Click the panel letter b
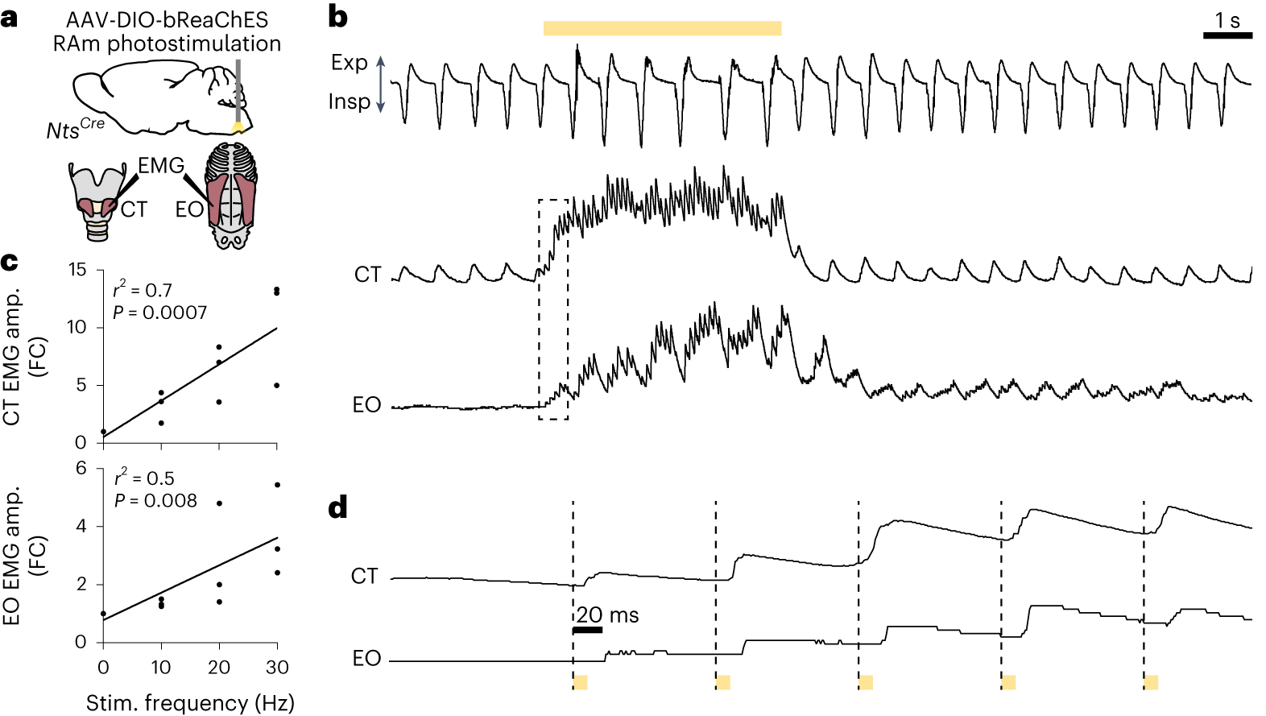pyautogui.click(x=338, y=18)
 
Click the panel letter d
pyautogui.click(x=338, y=508)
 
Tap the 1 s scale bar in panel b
pyautogui.click(x=1227, y=35)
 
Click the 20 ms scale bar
pyautogui.click(x=588, y=630)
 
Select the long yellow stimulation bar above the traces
pyautogui.click(x=662, y=28)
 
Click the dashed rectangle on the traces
pyautogui.click(x=553, y=309)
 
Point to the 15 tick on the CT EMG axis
pyautogui.click(x=77, y=270)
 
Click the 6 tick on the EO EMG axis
pyautogui.click(x=81, y=469)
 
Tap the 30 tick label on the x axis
pyautogui.click(x=277, y=667)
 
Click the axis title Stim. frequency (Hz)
pyautogui.click(x=190, y=703)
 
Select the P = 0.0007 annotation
pyautogui.click(x=160, y=312)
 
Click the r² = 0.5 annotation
pyautogui.click(x=144, y=478)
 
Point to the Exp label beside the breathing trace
pyautogui.click(x=350, y=63)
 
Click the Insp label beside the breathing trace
pyautogui.click(x=349, y=101)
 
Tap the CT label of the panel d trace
pyautogui.click(x=364, y=576)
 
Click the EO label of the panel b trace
pyautogui.click(x=366, y=404)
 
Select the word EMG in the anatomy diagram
pyautogui.click(x=161, y=166)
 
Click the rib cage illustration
pyautogui.click(x=231, y=196)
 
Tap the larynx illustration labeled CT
pyautogui.click(x=97, y=201)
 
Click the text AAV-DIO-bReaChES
pyautogui.click(x=167, y=19)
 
